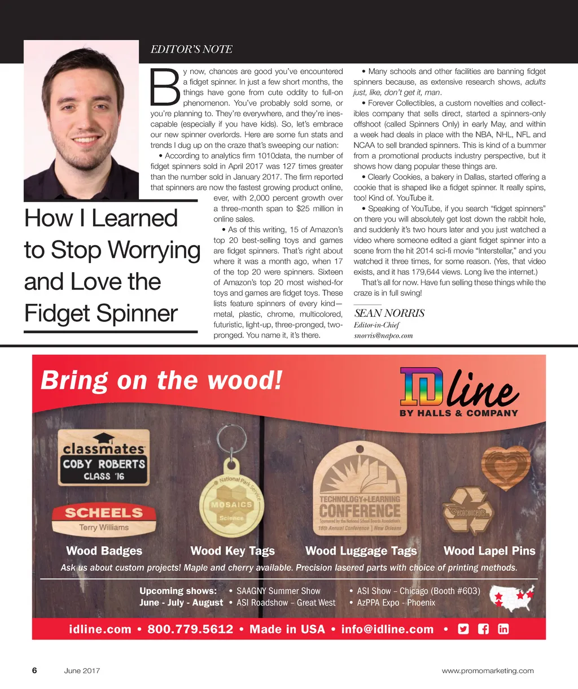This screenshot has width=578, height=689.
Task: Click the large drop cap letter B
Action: coord(165,88)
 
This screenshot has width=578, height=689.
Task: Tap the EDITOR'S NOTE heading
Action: coord(191,50)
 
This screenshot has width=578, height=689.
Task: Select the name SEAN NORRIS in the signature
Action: coord(389,313)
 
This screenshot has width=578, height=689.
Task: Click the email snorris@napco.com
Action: coord(383,335)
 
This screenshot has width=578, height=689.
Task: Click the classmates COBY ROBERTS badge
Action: coord(104,457)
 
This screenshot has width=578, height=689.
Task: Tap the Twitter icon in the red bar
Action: coord(463,629)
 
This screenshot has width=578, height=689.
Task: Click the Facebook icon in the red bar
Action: coord(483,629)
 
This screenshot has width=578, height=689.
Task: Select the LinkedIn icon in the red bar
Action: coord(503,629)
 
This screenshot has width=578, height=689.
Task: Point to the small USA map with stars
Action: coord(513,598)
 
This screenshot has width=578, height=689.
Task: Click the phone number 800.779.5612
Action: coord(190,629)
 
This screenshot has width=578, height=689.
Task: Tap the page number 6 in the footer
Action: coord(34,670)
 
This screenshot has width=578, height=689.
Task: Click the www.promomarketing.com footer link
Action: coord(488,671)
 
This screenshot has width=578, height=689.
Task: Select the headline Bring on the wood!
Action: coord(161,380)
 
